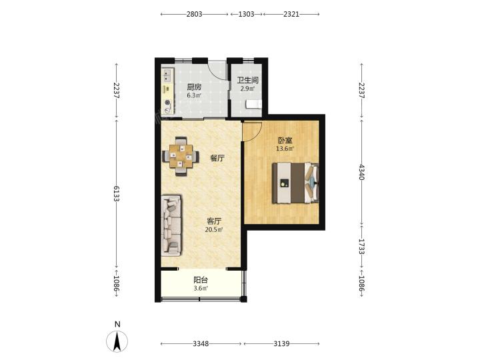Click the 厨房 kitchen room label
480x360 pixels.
194,87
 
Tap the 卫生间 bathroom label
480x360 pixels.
247,80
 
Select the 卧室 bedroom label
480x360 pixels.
285,141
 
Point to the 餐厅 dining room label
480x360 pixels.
217,158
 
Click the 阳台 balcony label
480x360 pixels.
201,280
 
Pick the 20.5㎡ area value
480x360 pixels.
214,229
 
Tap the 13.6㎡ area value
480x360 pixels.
285,149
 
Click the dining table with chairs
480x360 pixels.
181,156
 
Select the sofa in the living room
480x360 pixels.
171,225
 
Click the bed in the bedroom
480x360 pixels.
296,183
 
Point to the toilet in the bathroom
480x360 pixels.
253,105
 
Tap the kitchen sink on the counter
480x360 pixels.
167,76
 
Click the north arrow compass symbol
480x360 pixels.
117,341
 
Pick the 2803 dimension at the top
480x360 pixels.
194,14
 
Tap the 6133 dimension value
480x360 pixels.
116,193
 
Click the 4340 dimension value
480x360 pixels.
362,172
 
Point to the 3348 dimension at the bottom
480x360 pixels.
201,344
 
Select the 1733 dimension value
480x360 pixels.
362,247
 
